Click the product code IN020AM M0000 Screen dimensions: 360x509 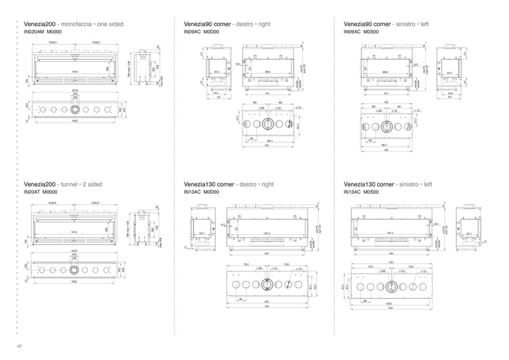coord(43,32)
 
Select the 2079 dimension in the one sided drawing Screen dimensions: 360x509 coord(75,91)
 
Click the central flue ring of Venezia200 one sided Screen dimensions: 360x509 coord(75,109)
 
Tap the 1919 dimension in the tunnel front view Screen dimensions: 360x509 coord(75,232)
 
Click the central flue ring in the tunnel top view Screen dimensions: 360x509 coord(75,270)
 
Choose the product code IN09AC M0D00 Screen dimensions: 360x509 coord(201,32)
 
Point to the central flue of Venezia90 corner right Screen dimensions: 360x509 coord(268,124)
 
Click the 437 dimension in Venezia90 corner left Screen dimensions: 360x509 coord(450,97)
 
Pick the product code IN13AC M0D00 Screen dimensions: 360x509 coord(201,192)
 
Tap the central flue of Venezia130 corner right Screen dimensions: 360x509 coord(268,284)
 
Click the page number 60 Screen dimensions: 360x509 coord(19,346)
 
